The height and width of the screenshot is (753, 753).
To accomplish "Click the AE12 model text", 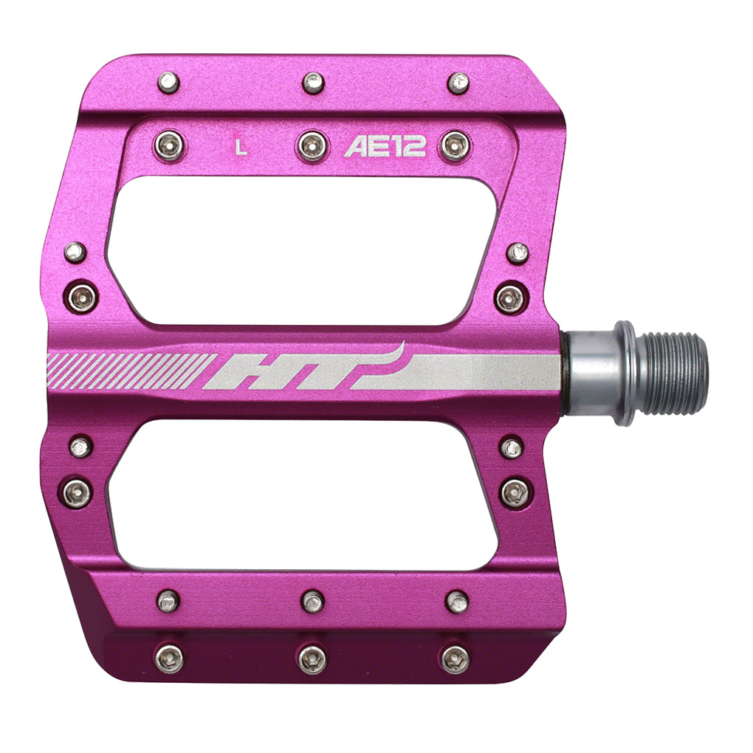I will point(385,147).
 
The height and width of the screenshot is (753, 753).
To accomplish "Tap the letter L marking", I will point(239,147).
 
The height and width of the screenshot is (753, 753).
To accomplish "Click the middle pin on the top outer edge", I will point(313,83).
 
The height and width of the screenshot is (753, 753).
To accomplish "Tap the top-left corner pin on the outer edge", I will point(168,82).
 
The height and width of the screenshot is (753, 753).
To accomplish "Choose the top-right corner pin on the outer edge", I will point(458,82).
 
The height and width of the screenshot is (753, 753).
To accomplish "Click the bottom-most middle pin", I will point(312,659).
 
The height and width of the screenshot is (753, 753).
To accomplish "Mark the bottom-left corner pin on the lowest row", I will point(170,657).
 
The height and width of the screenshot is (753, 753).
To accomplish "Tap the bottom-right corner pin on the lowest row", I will point(454,659).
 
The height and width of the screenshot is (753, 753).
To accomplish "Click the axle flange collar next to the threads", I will point(625,373).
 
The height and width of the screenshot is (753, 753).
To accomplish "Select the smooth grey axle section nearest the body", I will point(591,373).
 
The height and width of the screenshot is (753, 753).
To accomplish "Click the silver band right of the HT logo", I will point(480,371).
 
